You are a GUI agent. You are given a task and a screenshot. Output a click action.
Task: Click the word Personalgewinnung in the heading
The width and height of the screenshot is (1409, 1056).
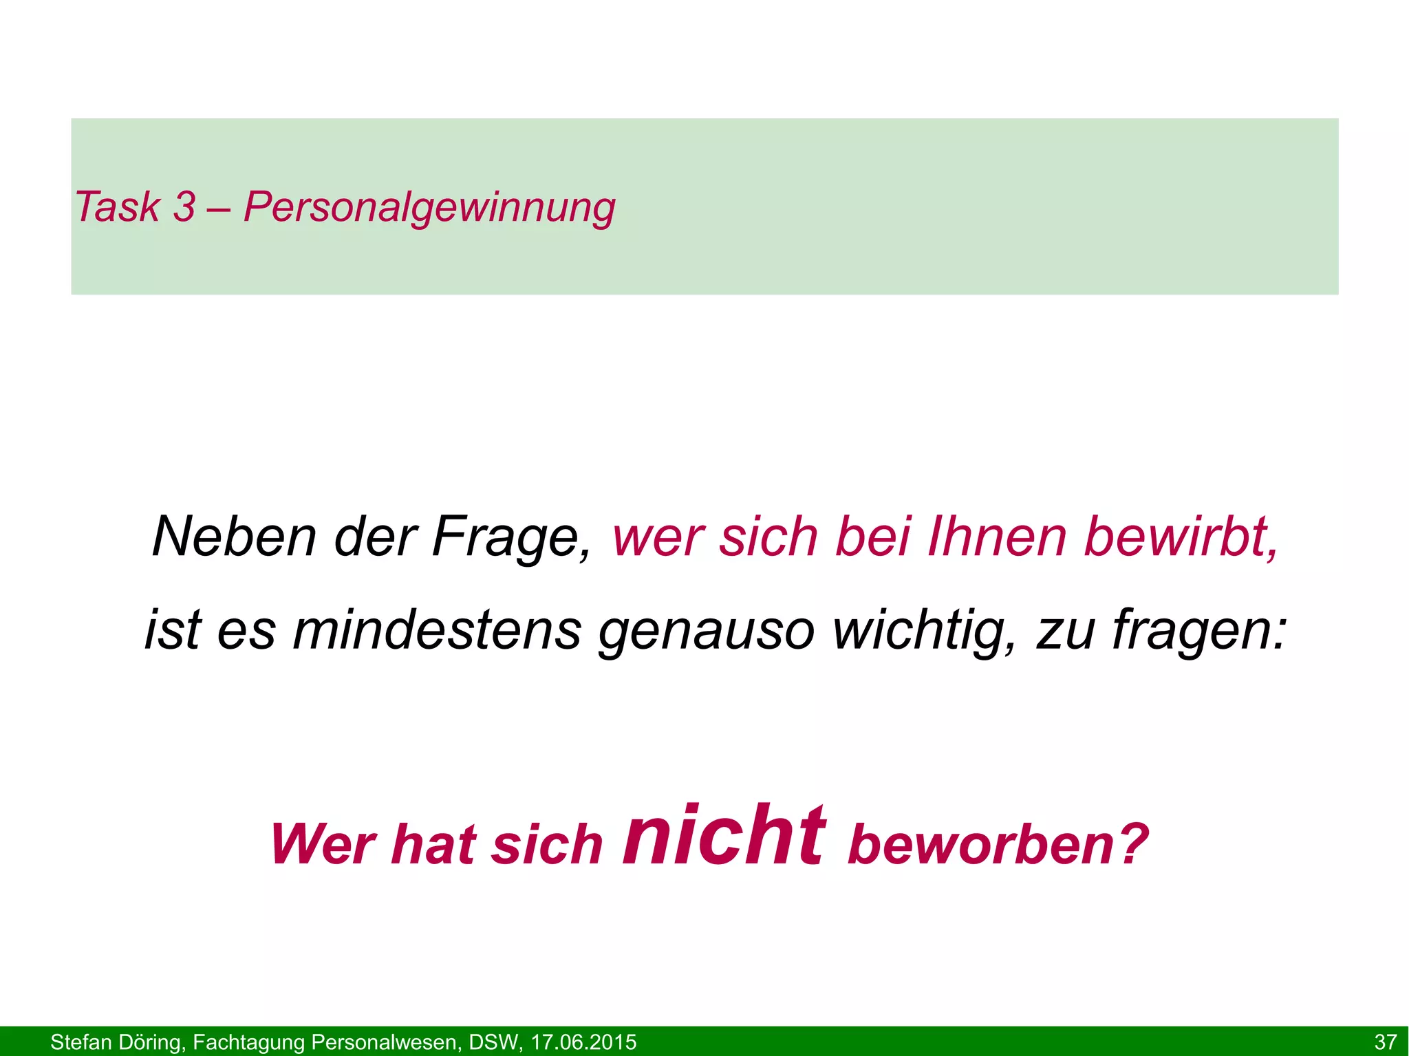click(429, 207)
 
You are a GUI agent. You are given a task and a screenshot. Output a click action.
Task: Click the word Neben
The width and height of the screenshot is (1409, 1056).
click(234, 537)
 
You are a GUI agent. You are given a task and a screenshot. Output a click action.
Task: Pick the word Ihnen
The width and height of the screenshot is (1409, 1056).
click(997, 537)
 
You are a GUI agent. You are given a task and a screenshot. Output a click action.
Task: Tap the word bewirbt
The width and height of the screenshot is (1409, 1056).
click(1181, 537)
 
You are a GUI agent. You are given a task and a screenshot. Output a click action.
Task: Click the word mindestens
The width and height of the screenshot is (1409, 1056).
click(438, 630)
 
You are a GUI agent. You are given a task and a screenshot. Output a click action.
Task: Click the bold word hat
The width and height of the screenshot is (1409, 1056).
click(433, 845)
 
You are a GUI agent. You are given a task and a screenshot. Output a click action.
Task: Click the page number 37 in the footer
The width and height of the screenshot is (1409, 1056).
click(1385, 1042)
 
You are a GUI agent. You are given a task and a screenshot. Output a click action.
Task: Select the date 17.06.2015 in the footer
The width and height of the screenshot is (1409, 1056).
click(583, 1042)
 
